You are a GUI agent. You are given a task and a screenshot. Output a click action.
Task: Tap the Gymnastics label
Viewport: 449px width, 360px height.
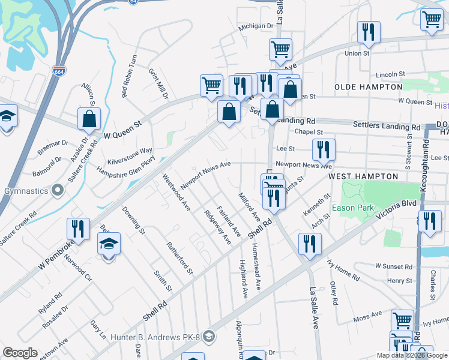tap(25, 191)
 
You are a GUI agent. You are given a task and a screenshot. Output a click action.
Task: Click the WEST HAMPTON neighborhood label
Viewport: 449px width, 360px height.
tap(363, 176)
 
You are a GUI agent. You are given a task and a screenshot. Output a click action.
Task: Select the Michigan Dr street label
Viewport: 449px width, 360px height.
tap(256, 26)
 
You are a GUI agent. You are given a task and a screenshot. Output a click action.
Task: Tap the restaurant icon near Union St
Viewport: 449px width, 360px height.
tap(369, 32)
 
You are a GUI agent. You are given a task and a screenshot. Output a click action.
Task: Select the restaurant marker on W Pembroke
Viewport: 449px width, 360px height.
tap(79, 229)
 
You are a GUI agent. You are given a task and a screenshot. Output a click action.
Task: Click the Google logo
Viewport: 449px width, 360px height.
tap(20, 353)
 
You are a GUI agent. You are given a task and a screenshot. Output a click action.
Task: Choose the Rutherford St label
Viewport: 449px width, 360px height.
tap(179, 259)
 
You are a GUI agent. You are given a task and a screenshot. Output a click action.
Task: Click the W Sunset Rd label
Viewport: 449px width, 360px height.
tap(394, 266)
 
